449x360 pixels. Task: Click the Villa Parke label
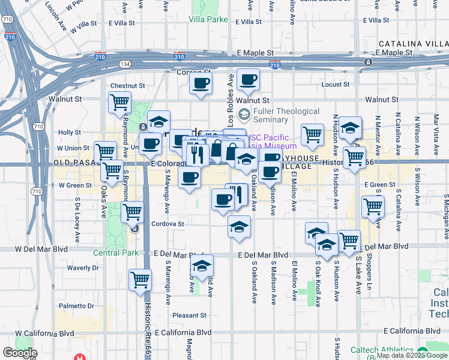[x=208, y=20]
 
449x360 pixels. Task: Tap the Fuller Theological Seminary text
[x=286, y=115]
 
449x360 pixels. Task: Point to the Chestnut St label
[x=128, y=86]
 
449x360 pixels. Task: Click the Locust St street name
[x=336, y=85]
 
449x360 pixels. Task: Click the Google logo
[x=20, y=353]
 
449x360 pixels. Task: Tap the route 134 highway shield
[x=125, y=64]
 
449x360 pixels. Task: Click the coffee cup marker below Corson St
[x=200, y=83]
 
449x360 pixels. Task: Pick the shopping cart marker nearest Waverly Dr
[x=140, y=278]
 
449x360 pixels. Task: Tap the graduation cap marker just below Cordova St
[x=239, y=227]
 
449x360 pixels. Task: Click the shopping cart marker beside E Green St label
[x=373, y=206]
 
